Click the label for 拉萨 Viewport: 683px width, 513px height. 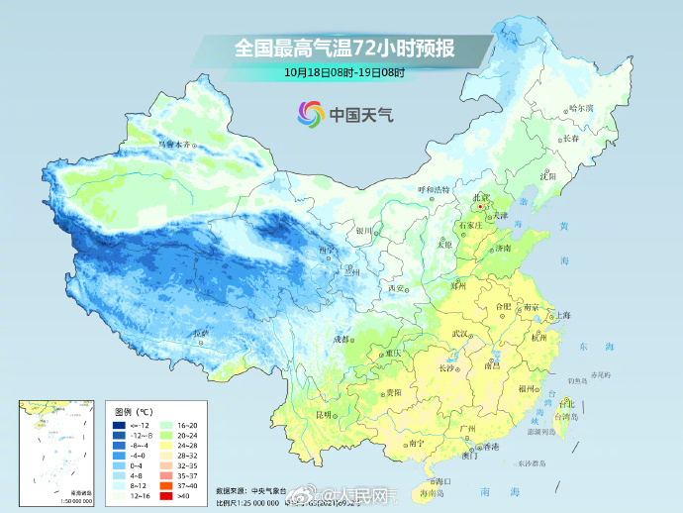(x=202, y=333)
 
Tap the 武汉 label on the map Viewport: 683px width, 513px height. (x=457, y=334)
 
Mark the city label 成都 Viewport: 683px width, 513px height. (x=341, y=339)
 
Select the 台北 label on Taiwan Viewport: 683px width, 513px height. (x=566, y=404)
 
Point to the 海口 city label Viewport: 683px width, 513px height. (x=440, y=480)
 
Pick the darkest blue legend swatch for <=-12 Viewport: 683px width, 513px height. (x=119, y=425)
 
